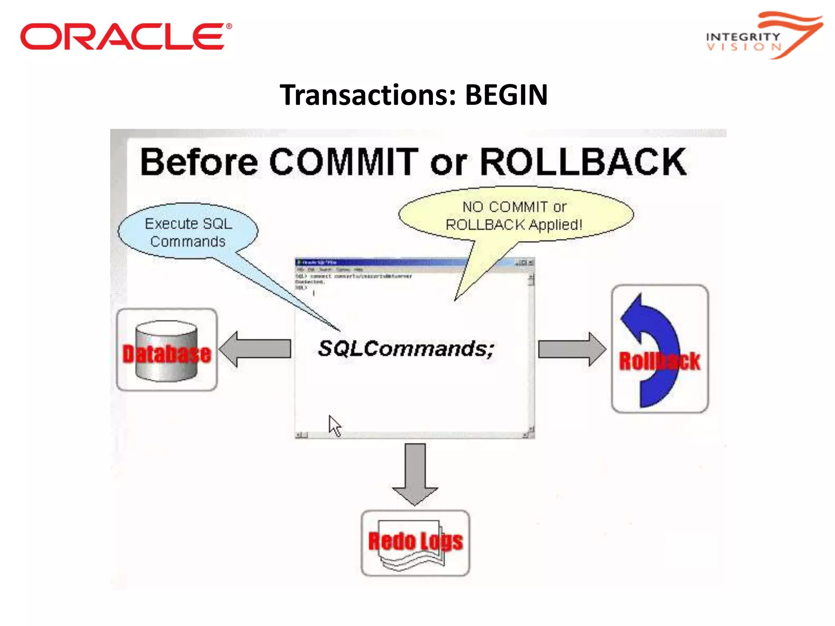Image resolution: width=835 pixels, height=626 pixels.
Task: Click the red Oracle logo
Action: coord(122,36)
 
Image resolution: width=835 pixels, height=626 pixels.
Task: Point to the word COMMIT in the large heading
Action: coord(344,162)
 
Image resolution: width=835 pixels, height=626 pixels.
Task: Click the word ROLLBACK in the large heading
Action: coord(583,162)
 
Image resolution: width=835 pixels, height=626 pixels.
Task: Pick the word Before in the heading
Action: coord(199,163)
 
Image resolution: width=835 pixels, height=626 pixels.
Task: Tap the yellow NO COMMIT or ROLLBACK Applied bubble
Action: coord(515,216)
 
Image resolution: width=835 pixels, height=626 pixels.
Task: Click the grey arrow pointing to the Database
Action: coord(255,349)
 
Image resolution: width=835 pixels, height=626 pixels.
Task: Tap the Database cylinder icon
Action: coord(166,350)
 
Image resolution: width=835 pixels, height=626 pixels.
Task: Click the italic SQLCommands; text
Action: coord(406,349)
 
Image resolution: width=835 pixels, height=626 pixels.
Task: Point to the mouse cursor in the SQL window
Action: coord(334,425)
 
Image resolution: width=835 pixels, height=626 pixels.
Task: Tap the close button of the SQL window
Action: coord(531,263)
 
